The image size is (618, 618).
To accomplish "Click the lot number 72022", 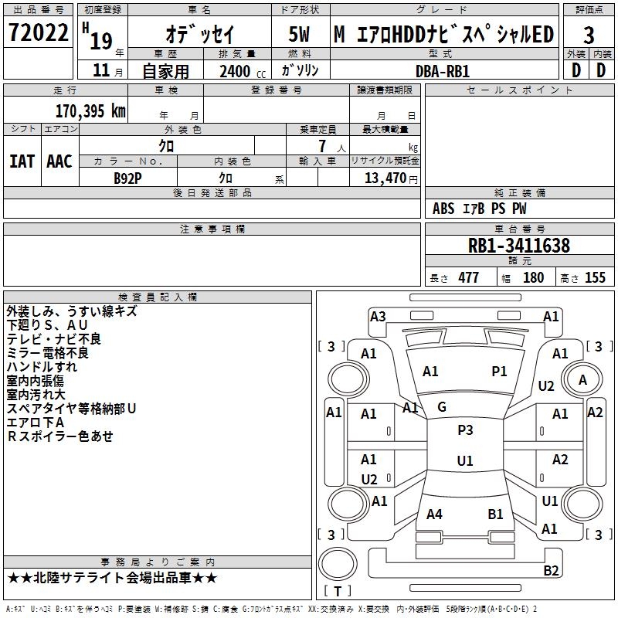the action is (38, 32).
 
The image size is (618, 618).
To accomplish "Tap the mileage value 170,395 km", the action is (90, 111).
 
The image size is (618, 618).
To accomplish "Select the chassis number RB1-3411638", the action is (519, 246).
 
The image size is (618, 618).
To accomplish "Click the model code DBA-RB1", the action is (443, 71).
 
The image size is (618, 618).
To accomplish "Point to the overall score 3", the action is (589, 35).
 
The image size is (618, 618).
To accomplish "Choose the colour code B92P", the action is (127, 178).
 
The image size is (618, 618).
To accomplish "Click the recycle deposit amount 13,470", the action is (385, 178).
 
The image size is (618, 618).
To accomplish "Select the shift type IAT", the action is (22, 161).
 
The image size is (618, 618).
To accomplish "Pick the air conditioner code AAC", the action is (59, 161).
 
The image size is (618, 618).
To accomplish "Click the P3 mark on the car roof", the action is (465, 430).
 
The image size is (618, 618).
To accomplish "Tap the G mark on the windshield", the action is (442, 407).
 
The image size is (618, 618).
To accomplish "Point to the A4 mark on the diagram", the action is (434, 514).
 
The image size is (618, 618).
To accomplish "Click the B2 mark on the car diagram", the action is (551, 570).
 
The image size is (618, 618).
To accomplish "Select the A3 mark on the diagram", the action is (378, 317).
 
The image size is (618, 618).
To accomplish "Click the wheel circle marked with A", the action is (582, 380).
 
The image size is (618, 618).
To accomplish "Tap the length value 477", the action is (469, 277).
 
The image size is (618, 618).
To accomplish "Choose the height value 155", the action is (595, 277).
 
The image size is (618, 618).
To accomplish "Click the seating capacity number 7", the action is (322, 146).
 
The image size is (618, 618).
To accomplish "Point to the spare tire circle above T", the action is (338, 564).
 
